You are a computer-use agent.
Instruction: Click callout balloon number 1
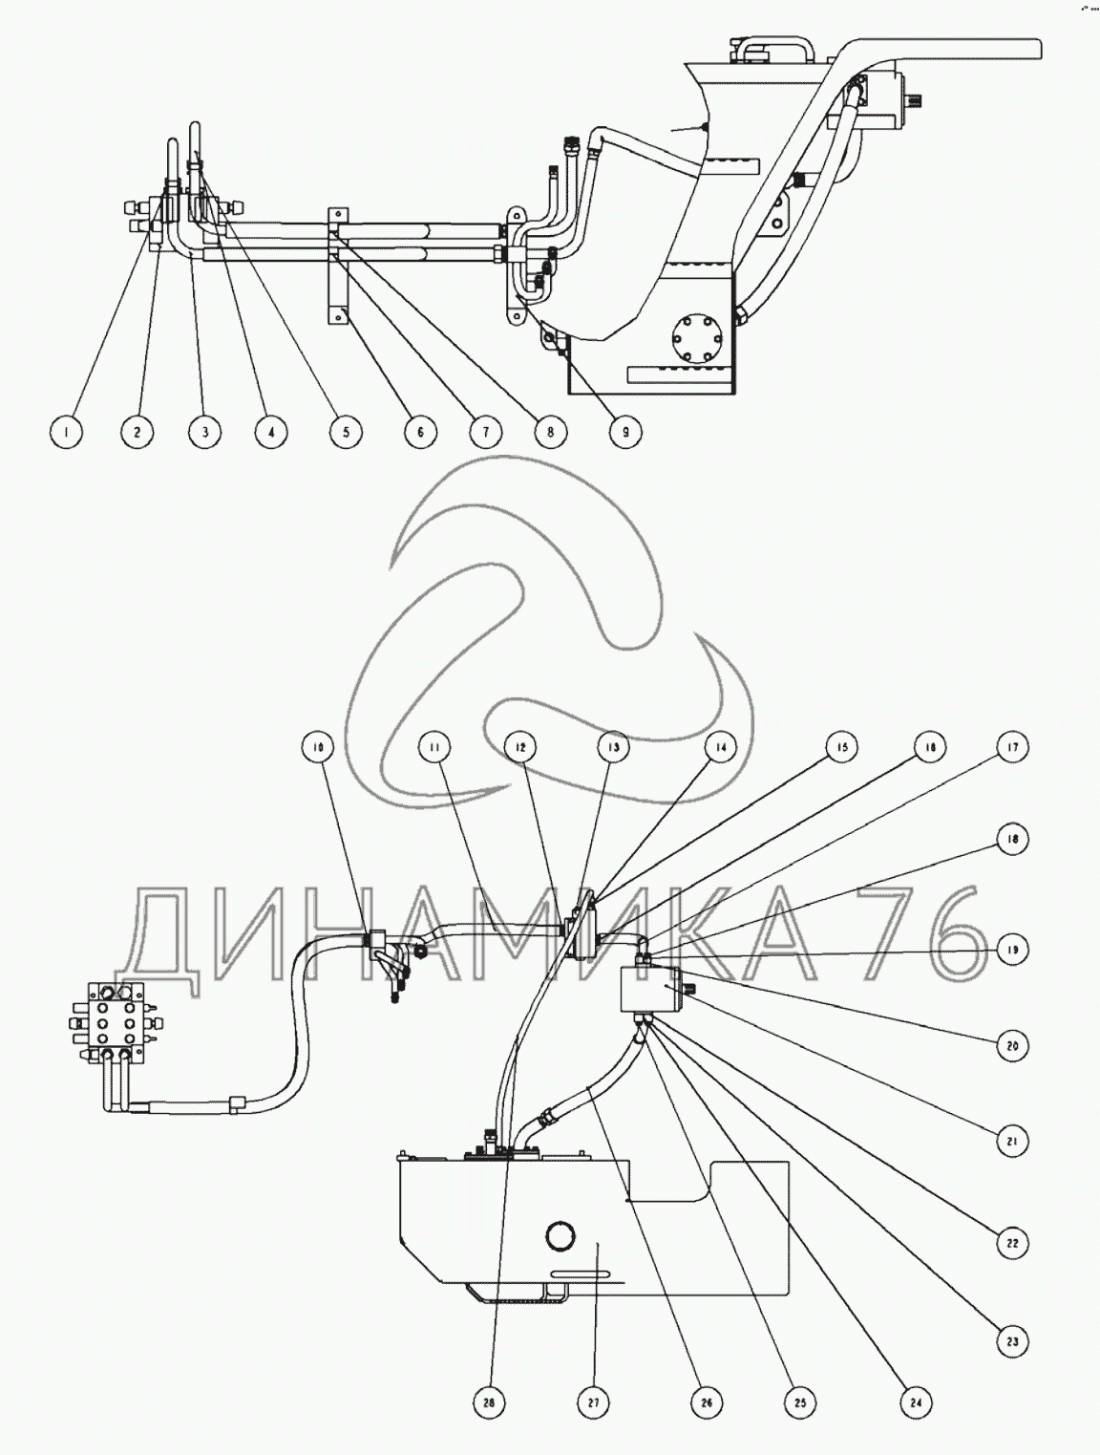65,433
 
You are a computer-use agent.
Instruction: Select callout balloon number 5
346,433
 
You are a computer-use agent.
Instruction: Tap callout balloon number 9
624,433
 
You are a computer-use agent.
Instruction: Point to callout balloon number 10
318,747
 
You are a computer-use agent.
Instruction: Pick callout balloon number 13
613,747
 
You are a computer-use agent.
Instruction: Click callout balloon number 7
485,433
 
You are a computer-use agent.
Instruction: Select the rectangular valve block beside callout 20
651,988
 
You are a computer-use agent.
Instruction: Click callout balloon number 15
841,747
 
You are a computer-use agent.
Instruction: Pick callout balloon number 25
800,1403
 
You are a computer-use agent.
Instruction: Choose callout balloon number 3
204,433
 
